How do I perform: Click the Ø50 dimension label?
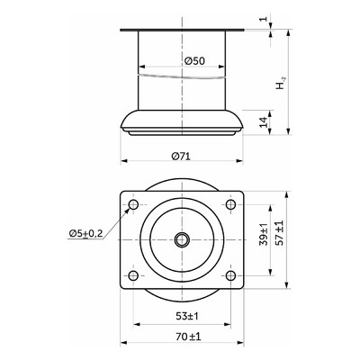194,61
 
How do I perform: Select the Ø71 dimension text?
181,156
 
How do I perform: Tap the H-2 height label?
281,84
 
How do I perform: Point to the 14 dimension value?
264,122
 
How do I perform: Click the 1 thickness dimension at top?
264,19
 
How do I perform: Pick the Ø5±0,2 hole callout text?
85,233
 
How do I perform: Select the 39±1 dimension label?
264,234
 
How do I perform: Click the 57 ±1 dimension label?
279,233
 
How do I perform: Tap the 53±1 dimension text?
187,316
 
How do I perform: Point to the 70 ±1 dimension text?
188,337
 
